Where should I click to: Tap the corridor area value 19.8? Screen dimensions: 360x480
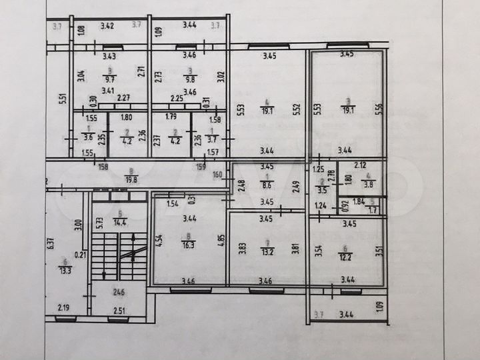130,179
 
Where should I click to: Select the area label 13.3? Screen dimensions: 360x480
64,269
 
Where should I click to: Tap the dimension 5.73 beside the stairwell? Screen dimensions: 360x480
98,225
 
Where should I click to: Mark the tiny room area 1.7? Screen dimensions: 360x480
373,211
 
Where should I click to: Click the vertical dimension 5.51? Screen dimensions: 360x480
61,98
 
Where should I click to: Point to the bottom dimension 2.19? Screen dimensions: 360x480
63,308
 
